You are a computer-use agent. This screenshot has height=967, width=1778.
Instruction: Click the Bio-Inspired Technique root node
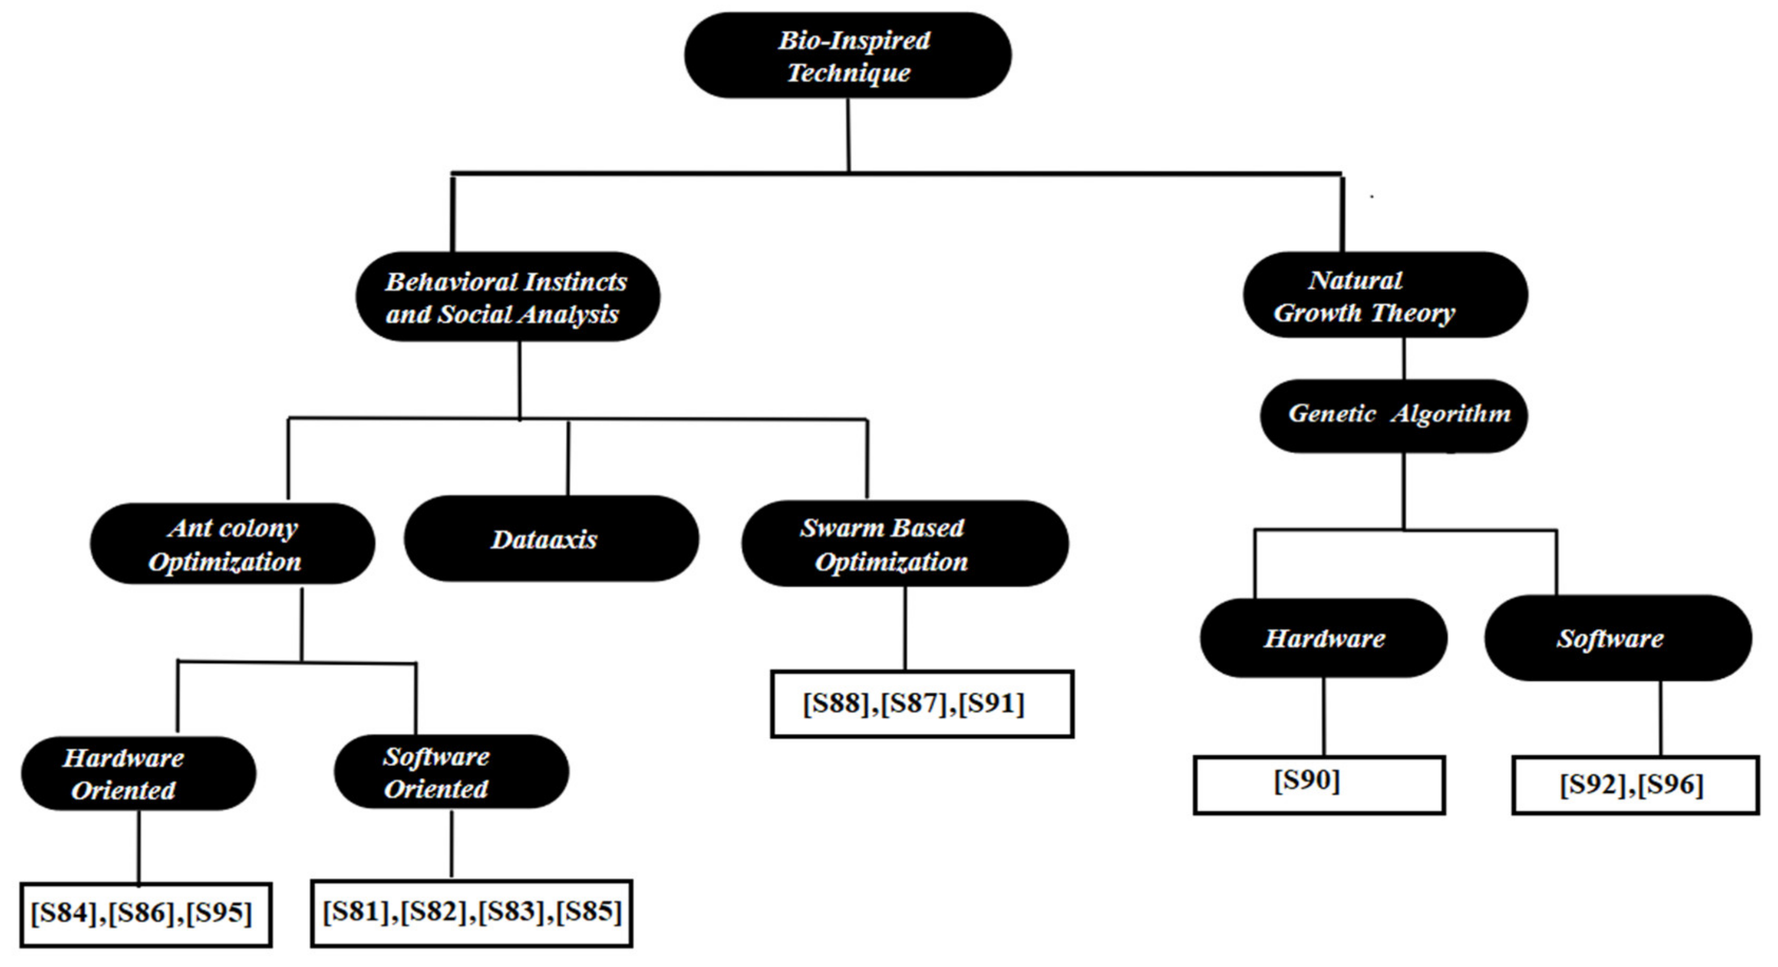(848, 55)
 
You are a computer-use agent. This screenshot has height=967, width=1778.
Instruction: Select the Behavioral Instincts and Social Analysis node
(507, 297)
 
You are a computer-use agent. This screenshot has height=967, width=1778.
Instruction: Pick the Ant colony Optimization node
(232, 544)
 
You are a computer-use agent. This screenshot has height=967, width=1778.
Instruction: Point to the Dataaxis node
(551, 539)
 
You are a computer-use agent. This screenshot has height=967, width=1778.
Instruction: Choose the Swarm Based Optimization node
(904, 544)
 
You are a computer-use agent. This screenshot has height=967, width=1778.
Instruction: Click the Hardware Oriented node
(138, 773)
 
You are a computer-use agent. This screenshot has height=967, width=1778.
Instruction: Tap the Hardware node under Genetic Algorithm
(1323, 639)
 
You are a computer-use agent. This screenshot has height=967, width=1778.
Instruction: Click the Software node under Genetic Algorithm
(1617, 639)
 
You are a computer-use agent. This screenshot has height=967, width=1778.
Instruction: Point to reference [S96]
(1670, 785)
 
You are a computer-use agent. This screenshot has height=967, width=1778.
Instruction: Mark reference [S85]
(589, 912)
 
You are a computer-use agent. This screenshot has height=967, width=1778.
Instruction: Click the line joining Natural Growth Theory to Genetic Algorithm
(1404, 358)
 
